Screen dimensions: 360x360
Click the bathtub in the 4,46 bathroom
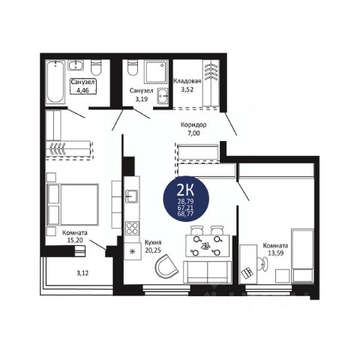[x=55, y=82]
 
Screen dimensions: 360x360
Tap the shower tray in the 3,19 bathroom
[x=156, y=72]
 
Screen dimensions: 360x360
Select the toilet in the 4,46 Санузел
[x=96, y=67]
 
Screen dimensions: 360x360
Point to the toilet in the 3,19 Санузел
[x=132, y=67]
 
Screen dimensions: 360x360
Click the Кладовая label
[x=187, y=81]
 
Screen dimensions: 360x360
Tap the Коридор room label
[x=193, y=124]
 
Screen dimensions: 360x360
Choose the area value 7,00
[x=193, y=133]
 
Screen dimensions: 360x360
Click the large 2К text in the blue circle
[x=185, y=190]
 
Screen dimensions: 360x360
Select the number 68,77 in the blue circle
[x=186, y=214]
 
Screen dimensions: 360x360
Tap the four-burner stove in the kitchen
[x=132, y=228]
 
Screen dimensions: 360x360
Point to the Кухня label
[x=153, y=242]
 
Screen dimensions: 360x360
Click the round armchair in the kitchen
[x=166, y=266]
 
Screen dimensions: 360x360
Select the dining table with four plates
[x=208, y=246]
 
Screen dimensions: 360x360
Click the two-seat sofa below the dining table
[x=208, y=272]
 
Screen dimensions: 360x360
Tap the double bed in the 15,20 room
[x=73, y=205]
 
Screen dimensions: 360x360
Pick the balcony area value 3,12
[x=82, y=273]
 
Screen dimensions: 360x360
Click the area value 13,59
[x=276, y=253]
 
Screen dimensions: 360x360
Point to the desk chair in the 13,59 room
[x=263, y=264]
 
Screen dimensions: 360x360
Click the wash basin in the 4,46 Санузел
[x=76, y=65]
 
